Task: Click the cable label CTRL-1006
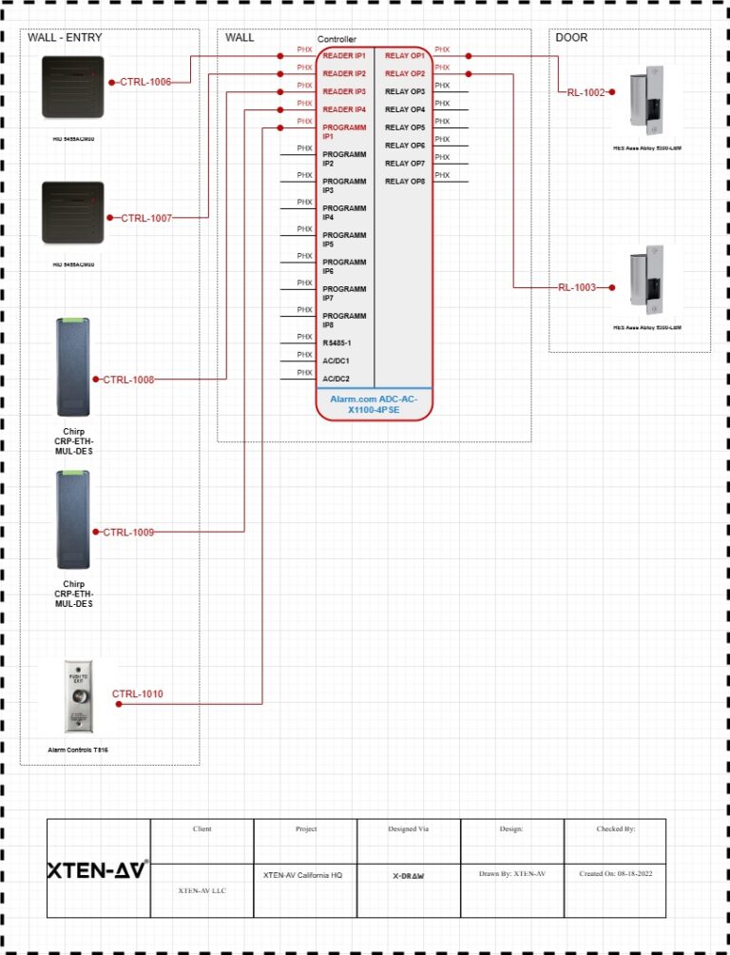pyautogui.click(x=145, y=82)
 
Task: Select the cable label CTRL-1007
pyautogui.click(x=146, y=218)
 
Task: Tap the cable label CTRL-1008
pyautogui.click(x=128, y=380)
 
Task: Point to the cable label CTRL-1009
pyautogui.click(x=128, y=532)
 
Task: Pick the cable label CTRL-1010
pyautogui.click(x=137, y=694)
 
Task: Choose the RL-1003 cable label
pyautogui.click(x=576, y=286)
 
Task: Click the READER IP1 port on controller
pyautogui.click(x=343, y=56)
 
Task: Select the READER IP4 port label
pyautogui.click(x=343, y=110)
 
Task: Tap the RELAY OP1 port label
pyautogui.click(x=404, y=56)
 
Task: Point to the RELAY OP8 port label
pyautogui.click(x=404, y=182)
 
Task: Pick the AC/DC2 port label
pyautogui.click(x=336, y=379)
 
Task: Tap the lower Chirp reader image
pyautogui.click(x=74, y=522)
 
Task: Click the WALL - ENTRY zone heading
pyautogui.click(x=65, y=38)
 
